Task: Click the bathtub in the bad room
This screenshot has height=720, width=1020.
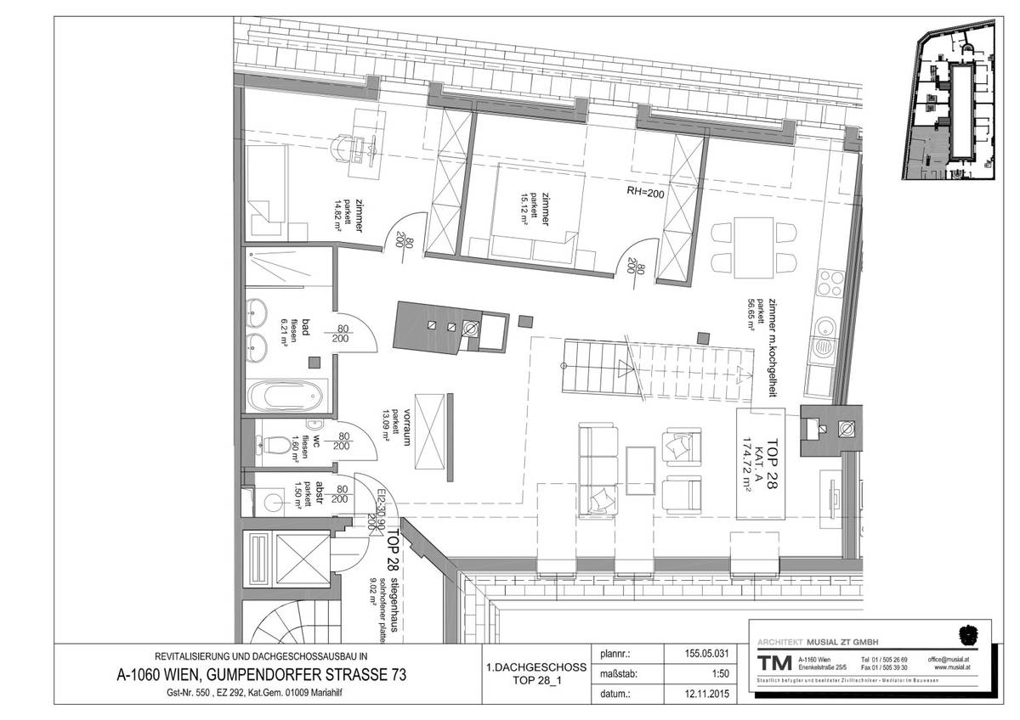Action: point(285,395)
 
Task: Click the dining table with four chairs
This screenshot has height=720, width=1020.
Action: point(753,246)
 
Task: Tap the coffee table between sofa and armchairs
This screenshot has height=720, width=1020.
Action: point(640,470)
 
